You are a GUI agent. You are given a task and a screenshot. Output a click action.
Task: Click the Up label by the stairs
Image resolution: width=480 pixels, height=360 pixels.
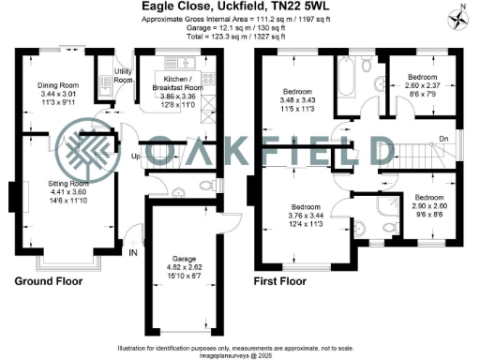135,155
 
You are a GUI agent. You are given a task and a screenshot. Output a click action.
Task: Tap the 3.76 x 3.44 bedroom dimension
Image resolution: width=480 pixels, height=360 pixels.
306,214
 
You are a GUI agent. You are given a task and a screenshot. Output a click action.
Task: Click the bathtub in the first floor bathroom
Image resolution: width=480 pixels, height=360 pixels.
343,79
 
